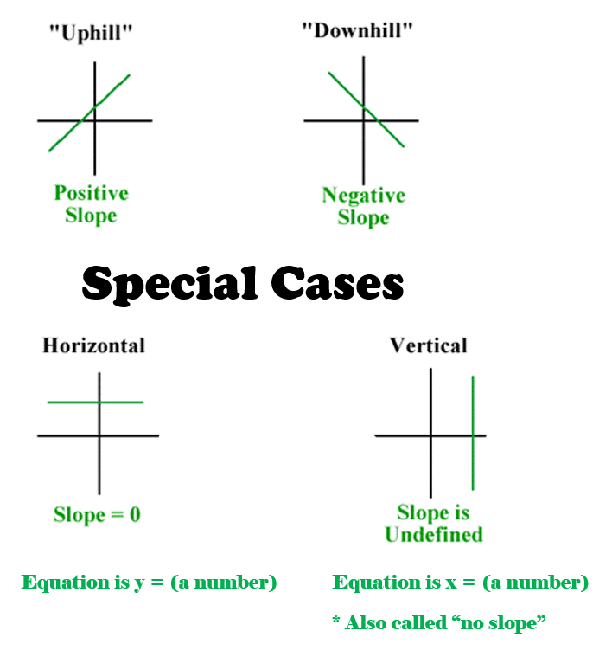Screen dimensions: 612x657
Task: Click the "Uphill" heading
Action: [x=91, y=33]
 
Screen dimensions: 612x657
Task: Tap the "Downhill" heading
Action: [x=358, y=30]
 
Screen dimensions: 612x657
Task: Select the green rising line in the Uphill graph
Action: [x=90, y=113]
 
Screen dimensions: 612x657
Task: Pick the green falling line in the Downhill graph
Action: [x=366, y=109]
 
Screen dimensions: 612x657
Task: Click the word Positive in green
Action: [x=91, y=194]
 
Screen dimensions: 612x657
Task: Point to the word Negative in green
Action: [x=364, y=196]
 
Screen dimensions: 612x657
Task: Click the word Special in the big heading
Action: [x=169, y=284]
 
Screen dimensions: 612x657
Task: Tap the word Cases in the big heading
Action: [x=337, y=283]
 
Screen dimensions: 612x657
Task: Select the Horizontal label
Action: [x=93, y=345]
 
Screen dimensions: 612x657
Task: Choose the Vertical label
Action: [x=429, y=345]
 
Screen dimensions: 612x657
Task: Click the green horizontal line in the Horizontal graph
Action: [x=95, y=403]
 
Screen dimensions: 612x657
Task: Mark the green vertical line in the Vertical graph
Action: [x=473, y=433]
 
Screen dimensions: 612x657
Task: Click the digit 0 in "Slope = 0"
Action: [x=135, y=514]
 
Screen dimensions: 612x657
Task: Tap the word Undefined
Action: [x=434, y=535]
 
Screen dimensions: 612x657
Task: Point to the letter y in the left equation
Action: [x=139, y=583]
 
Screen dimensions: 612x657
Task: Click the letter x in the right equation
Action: [x=451, y=583]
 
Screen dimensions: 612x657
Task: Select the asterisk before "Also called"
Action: [x=336, y=620]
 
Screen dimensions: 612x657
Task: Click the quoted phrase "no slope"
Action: [x=499, y=623]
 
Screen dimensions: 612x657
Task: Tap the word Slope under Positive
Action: [x=91, y=216]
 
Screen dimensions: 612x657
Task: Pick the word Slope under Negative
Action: [x=363, y=218]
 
